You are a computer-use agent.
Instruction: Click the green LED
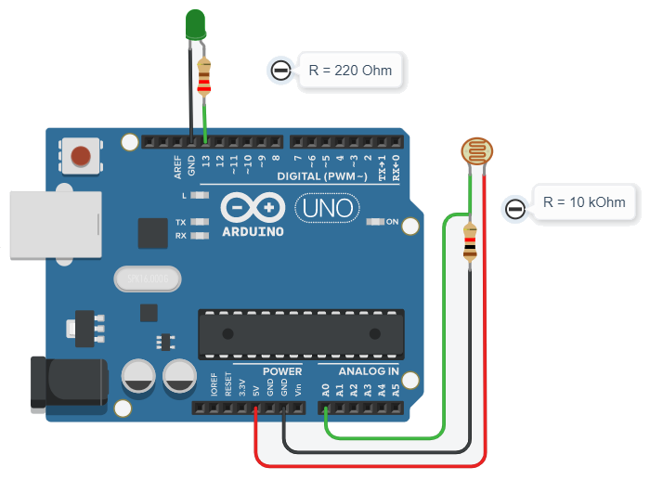tap(195, 24)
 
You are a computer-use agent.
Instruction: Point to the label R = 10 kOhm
tap(584, 201)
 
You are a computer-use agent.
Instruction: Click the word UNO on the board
tap(324, 207)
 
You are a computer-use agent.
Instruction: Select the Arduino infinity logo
tap(252, 206)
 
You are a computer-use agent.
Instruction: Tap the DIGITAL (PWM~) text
tap(324, 176)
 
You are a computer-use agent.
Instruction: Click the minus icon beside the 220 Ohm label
tap(279, 71)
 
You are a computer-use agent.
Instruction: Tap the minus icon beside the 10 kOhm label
tap(514, 208)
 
